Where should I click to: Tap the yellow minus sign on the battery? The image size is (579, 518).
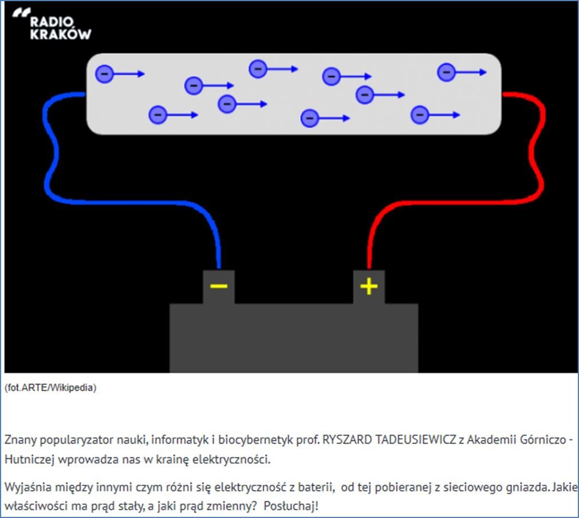click(219, 286)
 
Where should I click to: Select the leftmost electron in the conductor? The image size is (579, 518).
click(104, 74)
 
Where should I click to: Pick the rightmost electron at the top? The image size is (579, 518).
click(446, 72)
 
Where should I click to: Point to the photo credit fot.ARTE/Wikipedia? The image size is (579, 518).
click(50, 388)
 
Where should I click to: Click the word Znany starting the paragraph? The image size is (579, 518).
click(19, 440)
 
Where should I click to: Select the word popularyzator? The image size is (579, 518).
click(70, 440)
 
